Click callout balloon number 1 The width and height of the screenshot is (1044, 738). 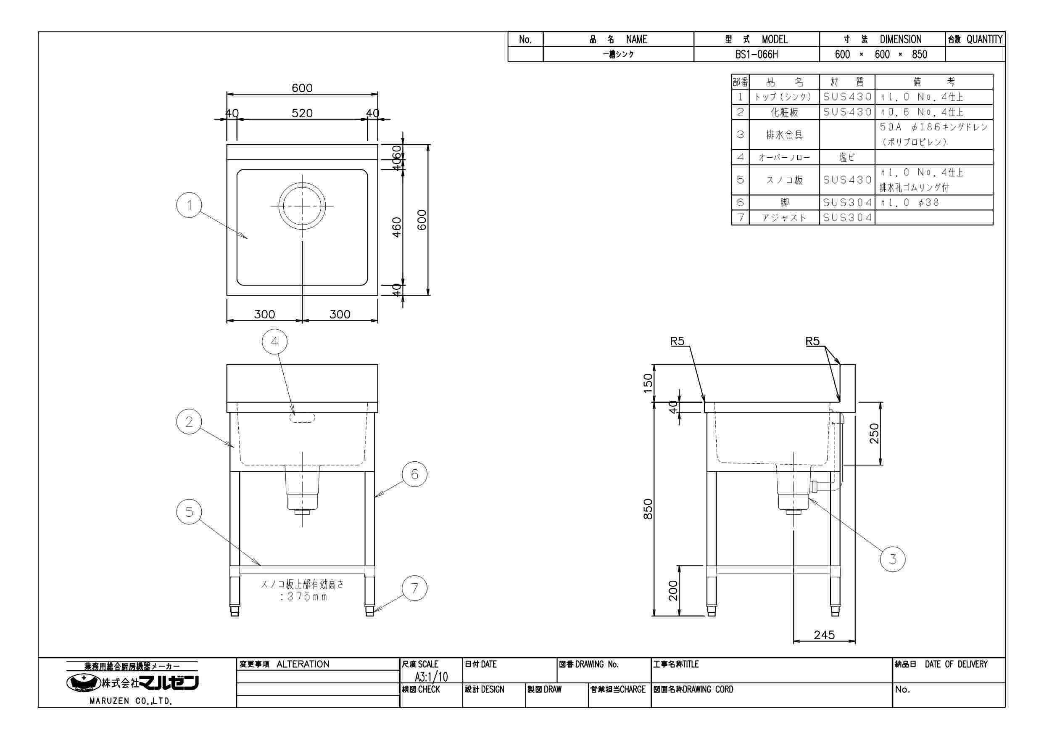pyautogui.click(x=189, y=205)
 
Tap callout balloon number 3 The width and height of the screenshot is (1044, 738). pyautogui.click(x=893, y=559)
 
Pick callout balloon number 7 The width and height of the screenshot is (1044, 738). pyautogui.click(x=415, y=588)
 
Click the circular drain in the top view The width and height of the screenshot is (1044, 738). pyautogui.click(x=302, y=206)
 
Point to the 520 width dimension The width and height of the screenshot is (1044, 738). pyautogui.click(x=302, y=113)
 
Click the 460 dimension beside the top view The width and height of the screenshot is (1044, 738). pyautogui.click(x=396, y=227)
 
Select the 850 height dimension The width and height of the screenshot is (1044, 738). pyautogui.click(x=648, y=509)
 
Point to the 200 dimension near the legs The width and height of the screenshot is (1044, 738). pyautogui.click(x=673, y=590)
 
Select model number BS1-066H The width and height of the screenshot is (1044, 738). pyautogui.click(x=757, y=55)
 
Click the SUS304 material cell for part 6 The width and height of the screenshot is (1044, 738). pyautogui.click(x=847, y=202)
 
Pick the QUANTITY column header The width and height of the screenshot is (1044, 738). pyautogui.click(x=975, y=40)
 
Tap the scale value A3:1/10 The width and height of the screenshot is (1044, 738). pyautogui.click(x=431, y=677)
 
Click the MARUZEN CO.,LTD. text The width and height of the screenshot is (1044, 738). pyautogui.click(x=131, y=701)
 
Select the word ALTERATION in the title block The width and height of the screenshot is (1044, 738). pyautogui.click(x=303, y=664)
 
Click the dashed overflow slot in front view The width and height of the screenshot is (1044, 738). pyautogui.click(x=302, y=418)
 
